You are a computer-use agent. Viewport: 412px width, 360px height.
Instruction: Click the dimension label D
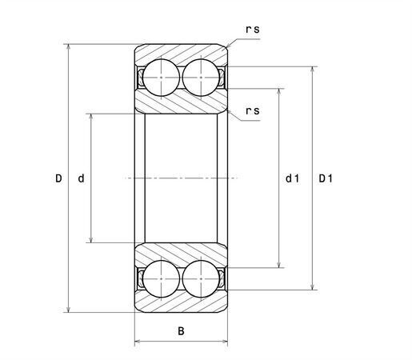pos(58,178)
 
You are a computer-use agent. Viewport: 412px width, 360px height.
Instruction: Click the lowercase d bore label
pos(81,178)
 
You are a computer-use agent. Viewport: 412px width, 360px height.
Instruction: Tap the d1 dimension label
pos(292,178)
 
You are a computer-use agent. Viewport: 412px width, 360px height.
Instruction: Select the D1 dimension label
pos(326,178)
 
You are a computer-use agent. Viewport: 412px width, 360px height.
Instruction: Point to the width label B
pos(181,331)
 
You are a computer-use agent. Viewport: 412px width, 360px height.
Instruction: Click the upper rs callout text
pos(252,30)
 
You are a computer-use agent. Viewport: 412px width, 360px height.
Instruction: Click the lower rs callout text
pos(252,110)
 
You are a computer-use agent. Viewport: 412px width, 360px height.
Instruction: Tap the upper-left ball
pos(161,78)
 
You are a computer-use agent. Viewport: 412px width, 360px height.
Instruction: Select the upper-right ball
pos(201,78)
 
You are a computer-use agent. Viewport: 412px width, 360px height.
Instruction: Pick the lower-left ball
pos(161,278)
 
